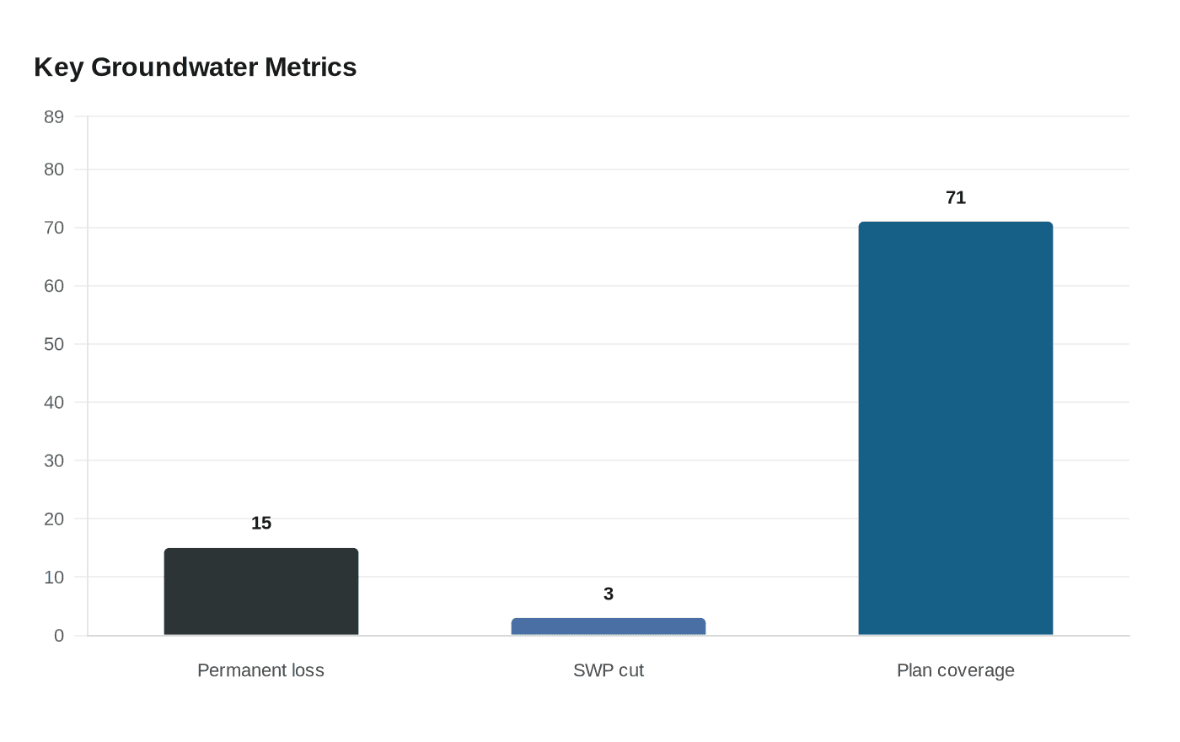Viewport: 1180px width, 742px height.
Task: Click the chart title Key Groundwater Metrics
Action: click(195, 67)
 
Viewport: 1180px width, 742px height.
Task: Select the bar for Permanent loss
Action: click(261, 592)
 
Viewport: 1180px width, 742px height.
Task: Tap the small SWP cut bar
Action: click(608, 626)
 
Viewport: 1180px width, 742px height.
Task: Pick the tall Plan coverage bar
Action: click(955, 428)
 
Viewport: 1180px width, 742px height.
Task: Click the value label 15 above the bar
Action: click(261, 523)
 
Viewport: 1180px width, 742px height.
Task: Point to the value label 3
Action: click(608, 594)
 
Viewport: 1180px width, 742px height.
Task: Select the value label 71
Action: click(955, 197)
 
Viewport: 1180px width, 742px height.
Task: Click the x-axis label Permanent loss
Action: click(260, 670)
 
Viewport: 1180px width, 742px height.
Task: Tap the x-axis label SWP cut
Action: click(608, 670)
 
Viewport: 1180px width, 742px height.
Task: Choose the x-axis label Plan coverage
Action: click(955, 670)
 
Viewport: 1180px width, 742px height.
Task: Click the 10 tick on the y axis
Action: click(54, 578)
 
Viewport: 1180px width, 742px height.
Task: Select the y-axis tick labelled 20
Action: click(54, 519)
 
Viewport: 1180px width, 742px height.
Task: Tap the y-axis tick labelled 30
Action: click(54, 461)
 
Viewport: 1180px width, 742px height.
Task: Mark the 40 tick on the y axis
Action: click(54, 403)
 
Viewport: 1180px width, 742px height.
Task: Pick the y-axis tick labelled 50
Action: click(54, 345)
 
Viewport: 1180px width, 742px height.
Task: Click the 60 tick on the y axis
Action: click(54, 287)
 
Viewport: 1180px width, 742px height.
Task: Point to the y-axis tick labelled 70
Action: click(54, 229)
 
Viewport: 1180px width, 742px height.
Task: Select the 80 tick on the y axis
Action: click(54, 169)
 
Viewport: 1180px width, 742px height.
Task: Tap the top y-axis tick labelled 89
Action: click(54, 117)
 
